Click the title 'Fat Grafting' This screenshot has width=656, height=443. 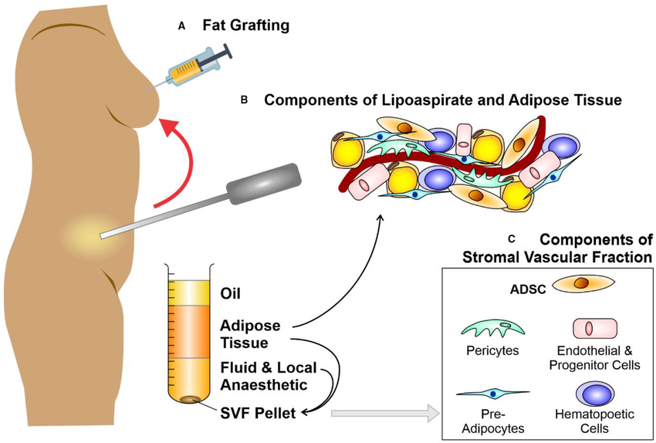245,25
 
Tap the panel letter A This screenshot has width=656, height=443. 182,26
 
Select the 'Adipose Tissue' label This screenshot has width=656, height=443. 249,333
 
